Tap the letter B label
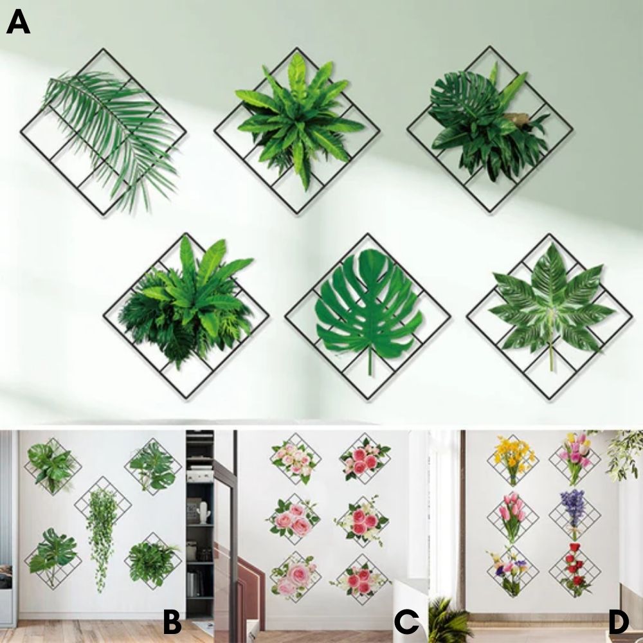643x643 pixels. point(171,622)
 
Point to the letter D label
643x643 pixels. point(618,622)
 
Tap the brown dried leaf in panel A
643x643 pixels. point(518,119)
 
